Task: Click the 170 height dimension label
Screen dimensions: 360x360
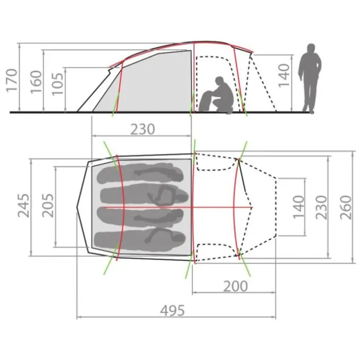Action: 12,80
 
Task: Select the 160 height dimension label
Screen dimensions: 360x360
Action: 36,82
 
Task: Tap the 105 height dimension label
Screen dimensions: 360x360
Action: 57,84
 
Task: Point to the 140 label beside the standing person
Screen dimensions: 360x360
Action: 284,76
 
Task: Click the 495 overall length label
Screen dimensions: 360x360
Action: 172,311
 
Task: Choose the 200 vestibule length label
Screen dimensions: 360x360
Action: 236,286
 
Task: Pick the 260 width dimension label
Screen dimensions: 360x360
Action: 346,208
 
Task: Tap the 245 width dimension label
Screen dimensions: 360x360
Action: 23,206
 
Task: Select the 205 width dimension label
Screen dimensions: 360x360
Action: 48,206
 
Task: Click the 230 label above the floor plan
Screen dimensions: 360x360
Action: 142,129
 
